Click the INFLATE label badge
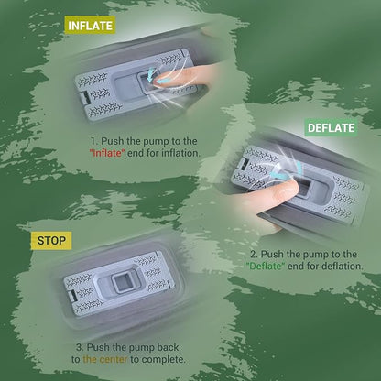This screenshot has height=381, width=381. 90,26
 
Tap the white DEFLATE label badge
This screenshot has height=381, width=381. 332,127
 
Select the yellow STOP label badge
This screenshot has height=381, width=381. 51,241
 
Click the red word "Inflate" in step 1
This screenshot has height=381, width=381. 107,153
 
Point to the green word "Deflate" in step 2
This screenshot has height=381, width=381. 266,266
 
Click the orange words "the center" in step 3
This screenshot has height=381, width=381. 105,359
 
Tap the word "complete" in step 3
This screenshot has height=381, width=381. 164,359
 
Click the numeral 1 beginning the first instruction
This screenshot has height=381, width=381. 93,141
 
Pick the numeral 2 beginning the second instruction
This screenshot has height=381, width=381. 254,255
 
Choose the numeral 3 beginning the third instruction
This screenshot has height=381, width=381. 80,347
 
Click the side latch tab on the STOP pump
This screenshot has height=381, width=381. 72,296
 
